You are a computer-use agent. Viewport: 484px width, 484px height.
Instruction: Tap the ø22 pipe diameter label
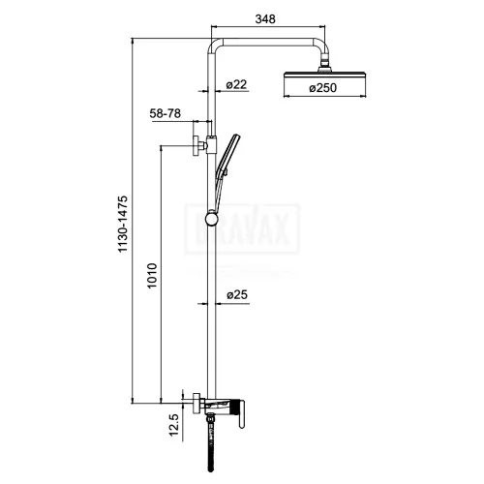[238, 84]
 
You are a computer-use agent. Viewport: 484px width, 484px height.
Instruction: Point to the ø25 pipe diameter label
[238, 294]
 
